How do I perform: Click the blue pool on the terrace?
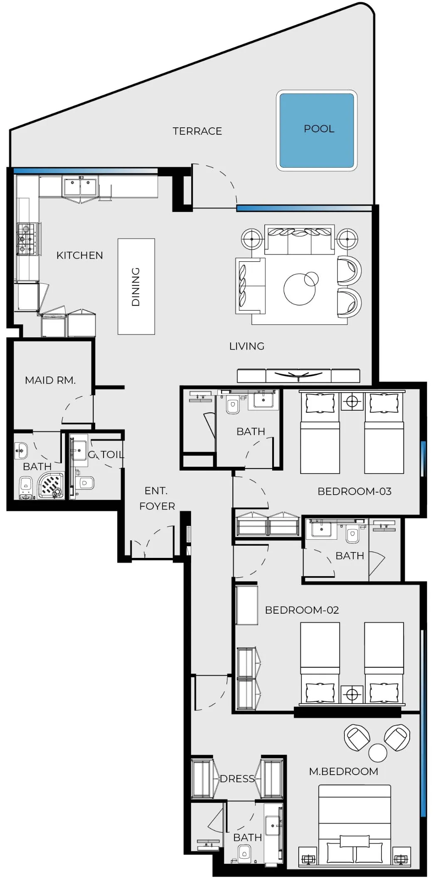(x=317, y=130)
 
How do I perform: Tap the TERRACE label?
(x=197, y=131)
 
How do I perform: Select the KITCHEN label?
(x=79, y=255)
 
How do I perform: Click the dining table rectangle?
(x=136, y=286)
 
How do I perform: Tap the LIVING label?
(x=247, y=346)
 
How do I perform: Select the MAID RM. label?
(x=50, y=380)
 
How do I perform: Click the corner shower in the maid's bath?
(x=51, y=485)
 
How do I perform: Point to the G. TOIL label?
(x=106, y=454)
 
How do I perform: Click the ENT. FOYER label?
(x=157, y=498)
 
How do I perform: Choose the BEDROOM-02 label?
(x=302, y=610)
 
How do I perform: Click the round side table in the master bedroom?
(x=377, y=752)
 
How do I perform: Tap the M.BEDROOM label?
(x=344, y=771)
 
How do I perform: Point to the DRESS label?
(x=237, y=778)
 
